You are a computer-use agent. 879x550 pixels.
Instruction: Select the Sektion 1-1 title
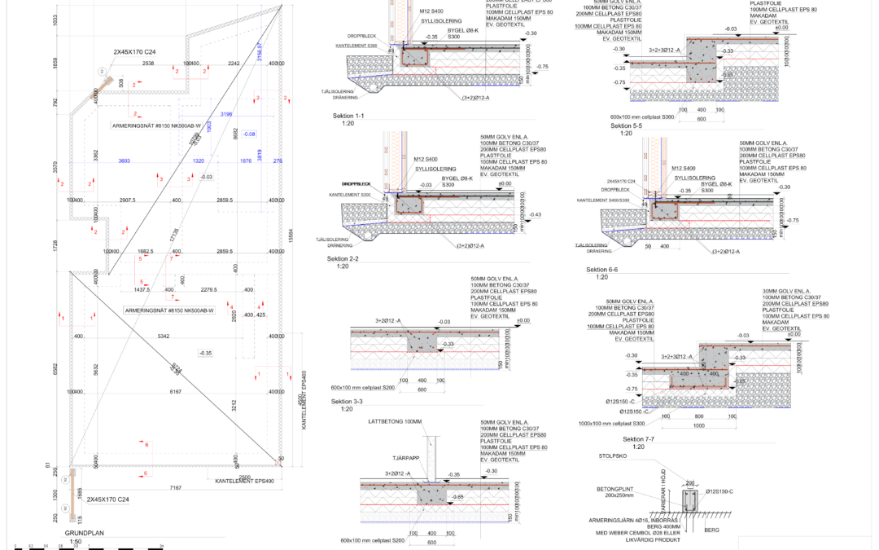(348, 117)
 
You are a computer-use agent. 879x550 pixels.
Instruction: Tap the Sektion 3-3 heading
(348, 402)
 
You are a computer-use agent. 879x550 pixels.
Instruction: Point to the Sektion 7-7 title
(639, 439)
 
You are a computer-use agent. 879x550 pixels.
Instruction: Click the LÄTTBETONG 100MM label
(395, 421)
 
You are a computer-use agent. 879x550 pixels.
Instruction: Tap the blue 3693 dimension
(125, 161)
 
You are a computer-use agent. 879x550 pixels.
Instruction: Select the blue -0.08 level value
(248, 134)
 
